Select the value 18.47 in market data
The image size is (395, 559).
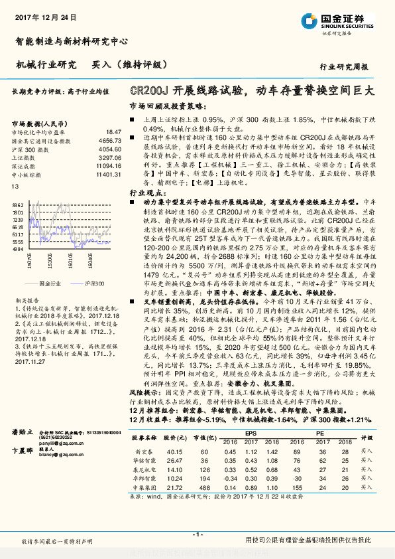click(x=113, y=133)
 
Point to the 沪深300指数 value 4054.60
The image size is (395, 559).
click(x=109, y=150)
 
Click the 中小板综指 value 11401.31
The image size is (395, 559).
click(x=107, y=175)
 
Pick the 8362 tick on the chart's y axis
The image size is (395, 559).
click(x=17, y=205)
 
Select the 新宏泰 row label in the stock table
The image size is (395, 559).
click(x=144, y=450)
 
